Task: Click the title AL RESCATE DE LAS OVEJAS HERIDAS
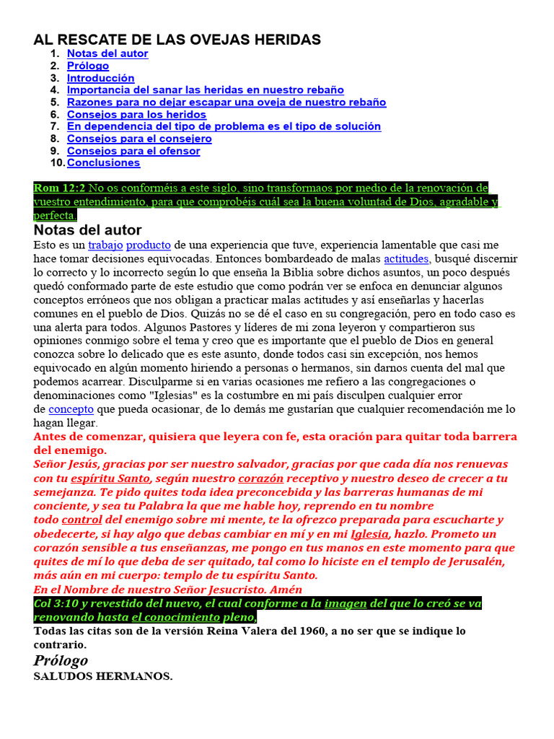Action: (x=177, y=40)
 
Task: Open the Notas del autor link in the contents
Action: (x=107, y=53)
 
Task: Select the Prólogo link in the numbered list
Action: (x=88, y=66)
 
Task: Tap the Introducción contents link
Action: (x=100, y=78)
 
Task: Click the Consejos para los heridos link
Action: (x=136, y=114)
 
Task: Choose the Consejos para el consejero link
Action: (x=139, y=139)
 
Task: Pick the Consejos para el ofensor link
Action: (x=133, y=151)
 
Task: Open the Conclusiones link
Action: (x=103, y=163)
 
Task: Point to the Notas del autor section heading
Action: (x=87, y=230)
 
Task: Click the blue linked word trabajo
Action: (x=105, y=245)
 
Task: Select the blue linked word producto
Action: (x=148, y=245)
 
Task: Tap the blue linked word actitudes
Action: (x=406, y=258)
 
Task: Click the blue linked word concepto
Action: (x=71, y=409)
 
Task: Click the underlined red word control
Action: (x=82, y=520)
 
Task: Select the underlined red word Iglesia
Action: (x=369, y=534)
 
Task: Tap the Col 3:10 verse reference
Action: (x=57, y=603)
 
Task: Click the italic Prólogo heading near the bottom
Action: (x=61, y=660)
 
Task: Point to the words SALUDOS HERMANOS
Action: (x=103, y=677)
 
